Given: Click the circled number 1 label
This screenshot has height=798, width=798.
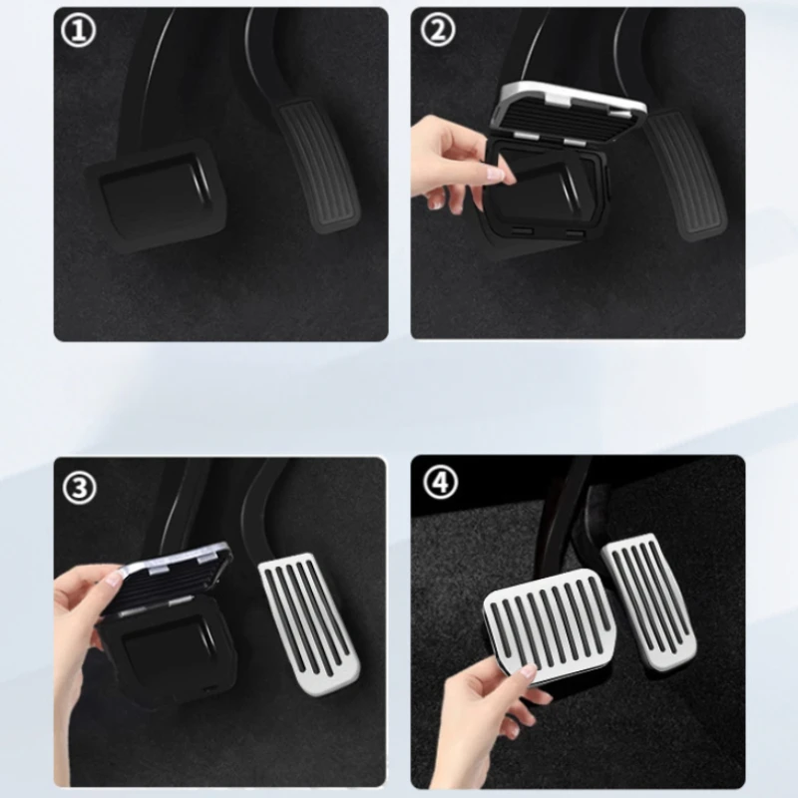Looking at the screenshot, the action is pyautogui.click(x=79, y=31).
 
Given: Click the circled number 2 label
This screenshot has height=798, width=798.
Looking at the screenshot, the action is pyautogui.click(x=438, y=30).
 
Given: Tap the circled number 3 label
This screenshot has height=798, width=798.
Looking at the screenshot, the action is pyautogui.click(x=80, y=487).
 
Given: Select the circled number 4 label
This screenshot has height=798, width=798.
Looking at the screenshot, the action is pyautogui.click(x=440, y=481).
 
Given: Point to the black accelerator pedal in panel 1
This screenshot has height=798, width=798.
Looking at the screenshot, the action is pyautogui.click(x=316, y=167).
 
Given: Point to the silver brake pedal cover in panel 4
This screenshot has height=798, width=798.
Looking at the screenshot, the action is pyautogui.click(x=551, y=622).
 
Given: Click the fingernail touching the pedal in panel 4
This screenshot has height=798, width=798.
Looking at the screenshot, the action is pyautogui.click(x=528, y=670).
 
